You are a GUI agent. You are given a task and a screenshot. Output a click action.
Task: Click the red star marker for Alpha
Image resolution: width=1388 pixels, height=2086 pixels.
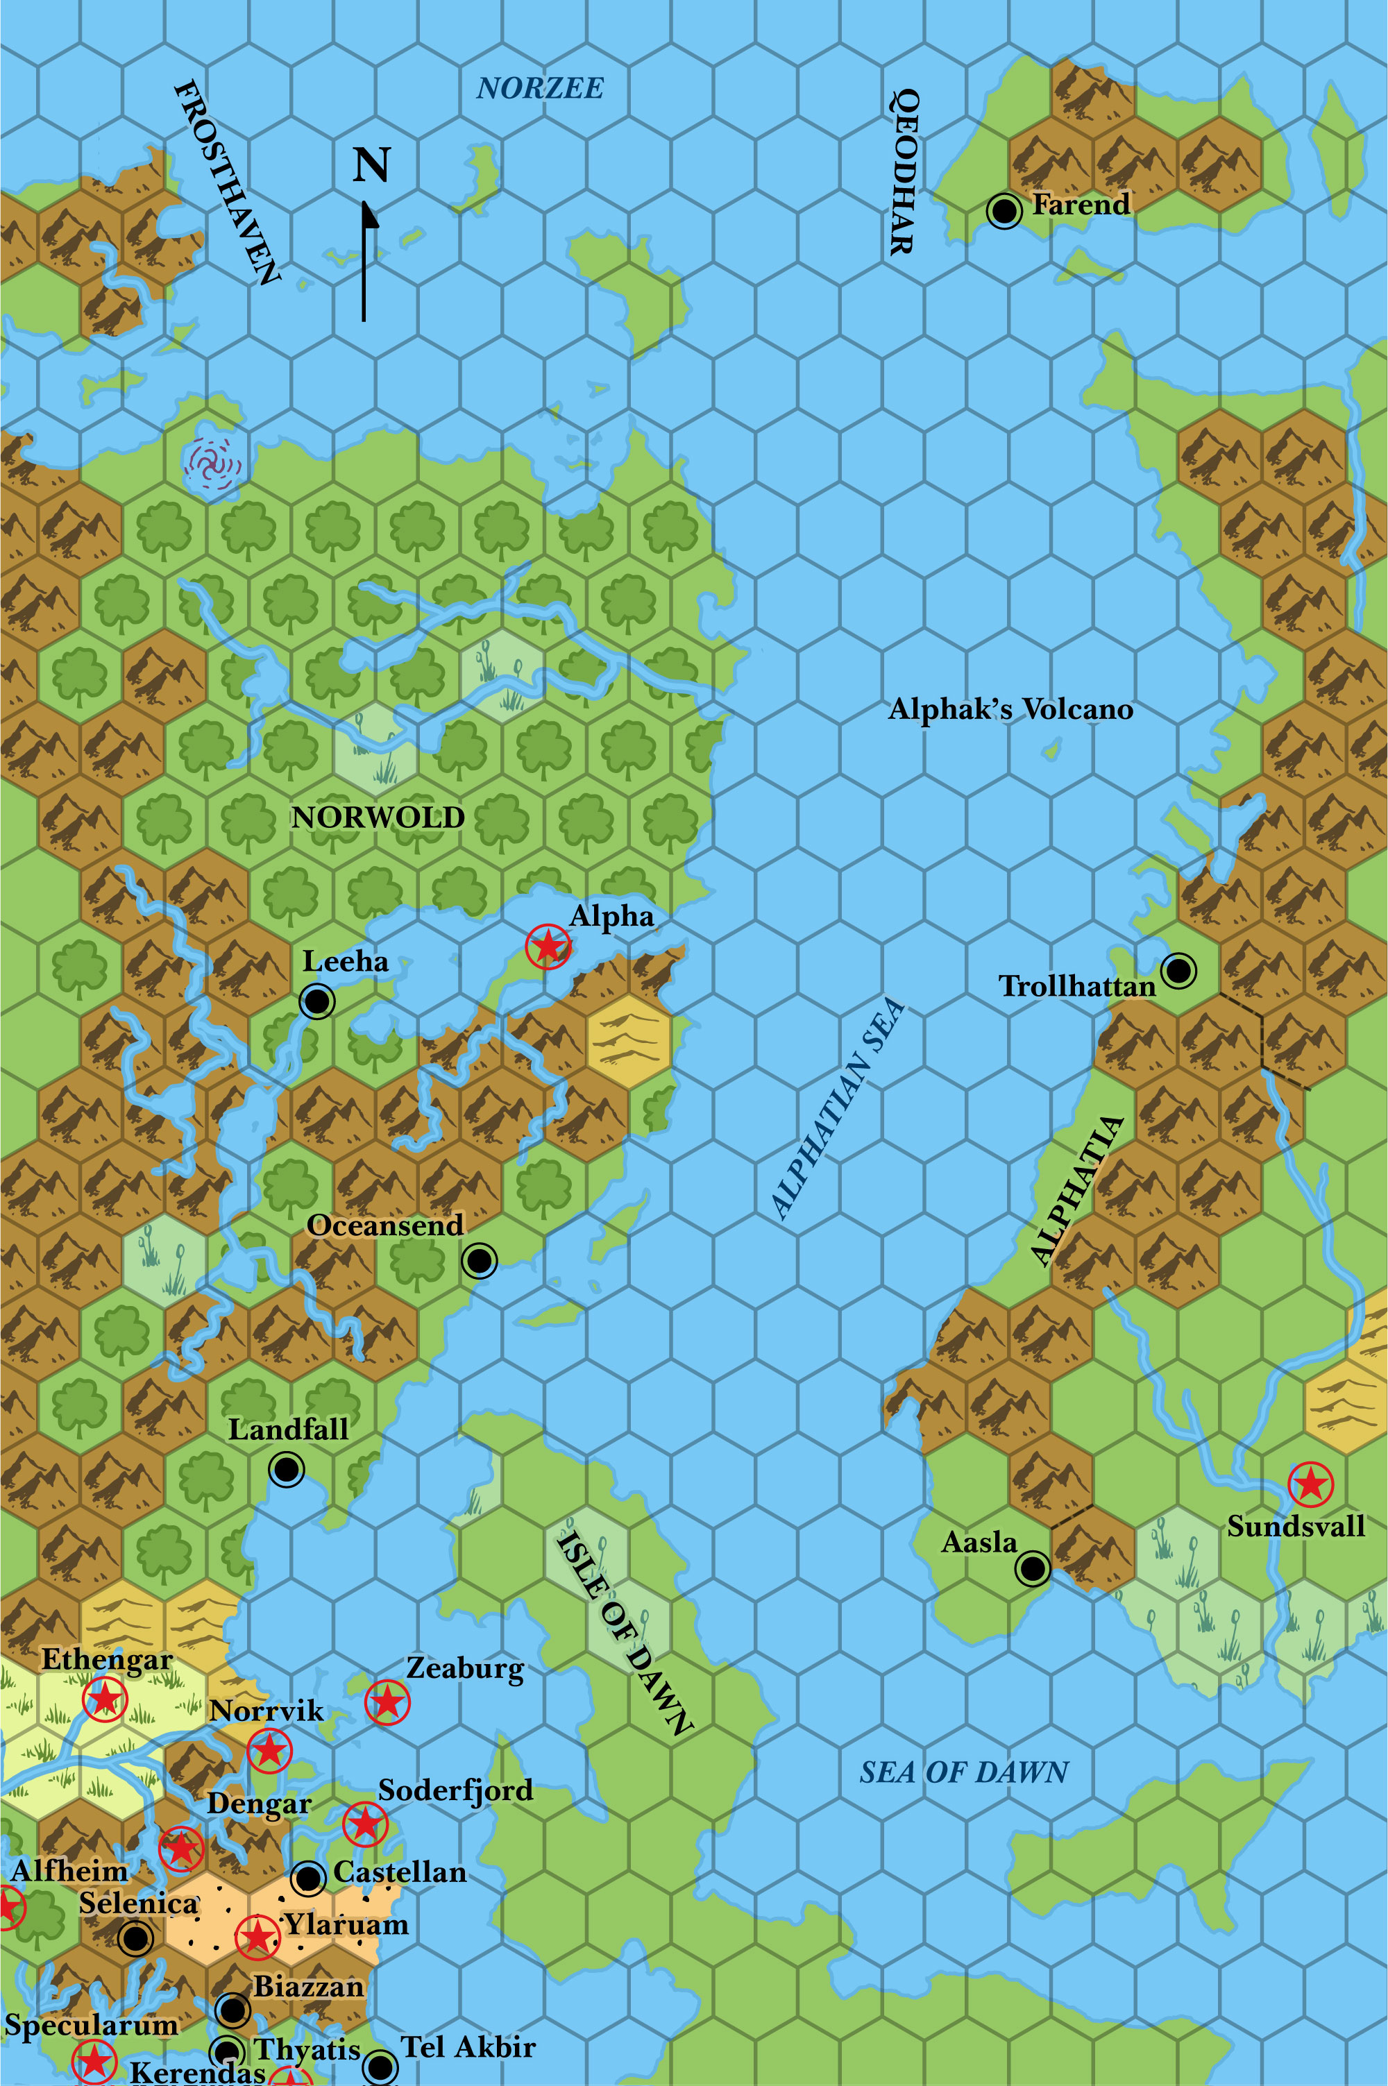(548, 946)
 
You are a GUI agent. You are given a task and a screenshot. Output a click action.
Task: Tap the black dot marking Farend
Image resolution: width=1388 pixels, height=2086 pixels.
(1004, 211)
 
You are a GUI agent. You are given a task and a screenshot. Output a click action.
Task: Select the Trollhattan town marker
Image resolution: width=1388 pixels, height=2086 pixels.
(1178, 970)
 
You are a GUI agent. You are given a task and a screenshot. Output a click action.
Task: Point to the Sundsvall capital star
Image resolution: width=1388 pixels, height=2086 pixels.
(1310, 1483)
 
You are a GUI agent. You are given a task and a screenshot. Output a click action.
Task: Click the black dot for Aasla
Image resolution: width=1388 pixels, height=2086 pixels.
(1032, 1568)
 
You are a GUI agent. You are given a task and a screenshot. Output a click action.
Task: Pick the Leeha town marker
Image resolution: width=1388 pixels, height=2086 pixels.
(317, 1001)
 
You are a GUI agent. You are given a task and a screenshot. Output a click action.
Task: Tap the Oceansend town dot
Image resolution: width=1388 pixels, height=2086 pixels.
(480, 1260)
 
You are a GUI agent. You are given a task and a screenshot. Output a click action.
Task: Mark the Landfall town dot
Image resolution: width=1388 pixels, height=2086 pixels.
(287, 1469)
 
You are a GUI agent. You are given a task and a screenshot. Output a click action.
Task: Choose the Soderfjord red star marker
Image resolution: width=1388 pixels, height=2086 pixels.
(365, 1823)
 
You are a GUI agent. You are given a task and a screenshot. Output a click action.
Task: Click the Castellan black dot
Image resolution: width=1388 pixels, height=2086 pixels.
(308, 1878)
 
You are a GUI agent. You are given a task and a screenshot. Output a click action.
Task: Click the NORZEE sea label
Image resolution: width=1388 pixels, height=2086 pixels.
(540, 89)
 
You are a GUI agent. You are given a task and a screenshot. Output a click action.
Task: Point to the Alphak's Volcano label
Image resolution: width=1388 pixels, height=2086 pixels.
(1010, 710)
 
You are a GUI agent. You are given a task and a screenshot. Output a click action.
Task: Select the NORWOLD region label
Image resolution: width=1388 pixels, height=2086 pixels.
(378, 817)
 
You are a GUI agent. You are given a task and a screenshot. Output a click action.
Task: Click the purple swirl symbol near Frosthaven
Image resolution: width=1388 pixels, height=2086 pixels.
(212, 463)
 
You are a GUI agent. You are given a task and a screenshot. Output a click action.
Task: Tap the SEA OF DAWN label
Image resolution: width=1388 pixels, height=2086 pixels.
(964, 1773)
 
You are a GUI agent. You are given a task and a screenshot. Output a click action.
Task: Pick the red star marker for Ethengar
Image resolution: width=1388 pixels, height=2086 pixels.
(105, 1699)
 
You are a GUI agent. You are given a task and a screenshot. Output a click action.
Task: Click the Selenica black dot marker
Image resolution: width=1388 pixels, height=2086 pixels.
(135, 1938)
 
